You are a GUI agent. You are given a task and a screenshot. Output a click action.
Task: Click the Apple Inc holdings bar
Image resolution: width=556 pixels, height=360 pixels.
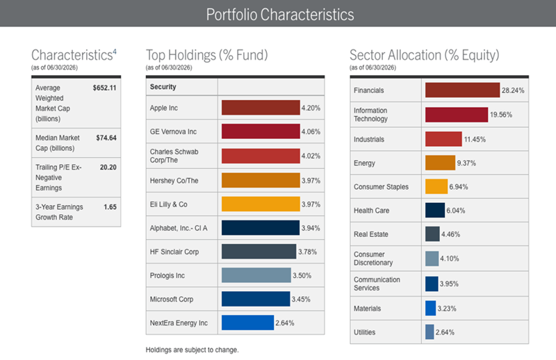(261, 108)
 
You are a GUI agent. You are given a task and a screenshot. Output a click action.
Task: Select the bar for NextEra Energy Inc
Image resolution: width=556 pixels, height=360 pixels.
(247, 322)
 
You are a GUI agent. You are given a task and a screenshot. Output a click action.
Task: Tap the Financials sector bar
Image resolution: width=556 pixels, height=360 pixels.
(462, 90)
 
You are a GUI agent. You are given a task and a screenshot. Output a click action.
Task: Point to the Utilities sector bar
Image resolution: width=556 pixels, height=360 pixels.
(430, 332)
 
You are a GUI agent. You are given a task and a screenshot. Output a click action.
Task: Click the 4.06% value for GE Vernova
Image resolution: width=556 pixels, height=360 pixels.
(311, 131)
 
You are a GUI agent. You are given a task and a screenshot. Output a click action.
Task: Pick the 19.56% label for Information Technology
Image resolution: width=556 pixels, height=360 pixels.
(500, 115)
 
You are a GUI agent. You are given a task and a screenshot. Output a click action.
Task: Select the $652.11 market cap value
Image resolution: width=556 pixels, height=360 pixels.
(105, 88)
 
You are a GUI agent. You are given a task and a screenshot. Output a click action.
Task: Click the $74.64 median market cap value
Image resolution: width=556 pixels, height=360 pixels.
(106, 138)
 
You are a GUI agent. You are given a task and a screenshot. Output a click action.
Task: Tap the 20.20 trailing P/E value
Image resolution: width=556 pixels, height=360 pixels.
(108, 167)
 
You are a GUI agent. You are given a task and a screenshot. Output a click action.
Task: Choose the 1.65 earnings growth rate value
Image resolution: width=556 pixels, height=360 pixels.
(110, 207)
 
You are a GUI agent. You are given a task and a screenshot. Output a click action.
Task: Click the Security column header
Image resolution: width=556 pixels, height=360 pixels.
(163, 87)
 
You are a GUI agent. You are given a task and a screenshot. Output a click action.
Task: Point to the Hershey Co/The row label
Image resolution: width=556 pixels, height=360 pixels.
(174, 181)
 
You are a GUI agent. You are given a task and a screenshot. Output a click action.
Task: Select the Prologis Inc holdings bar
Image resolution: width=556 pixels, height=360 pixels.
(256, 275)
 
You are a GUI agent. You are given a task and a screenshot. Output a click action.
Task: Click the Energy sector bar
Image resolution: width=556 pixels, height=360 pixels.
(440, 163)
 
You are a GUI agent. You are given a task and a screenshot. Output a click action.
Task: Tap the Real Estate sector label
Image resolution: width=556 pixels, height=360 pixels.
(371, 234)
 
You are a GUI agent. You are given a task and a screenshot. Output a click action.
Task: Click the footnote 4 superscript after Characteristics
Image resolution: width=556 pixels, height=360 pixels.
(115, 52)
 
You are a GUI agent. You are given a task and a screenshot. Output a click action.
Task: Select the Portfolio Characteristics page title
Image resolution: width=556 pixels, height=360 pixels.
(280, 15)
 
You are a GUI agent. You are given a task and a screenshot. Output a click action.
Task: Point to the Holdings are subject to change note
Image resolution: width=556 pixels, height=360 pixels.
(193, 350)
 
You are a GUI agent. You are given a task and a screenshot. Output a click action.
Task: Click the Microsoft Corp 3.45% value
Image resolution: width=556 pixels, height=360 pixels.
(301, 300)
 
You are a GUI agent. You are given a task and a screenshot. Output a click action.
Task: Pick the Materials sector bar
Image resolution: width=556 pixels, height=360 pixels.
(430, 308)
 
